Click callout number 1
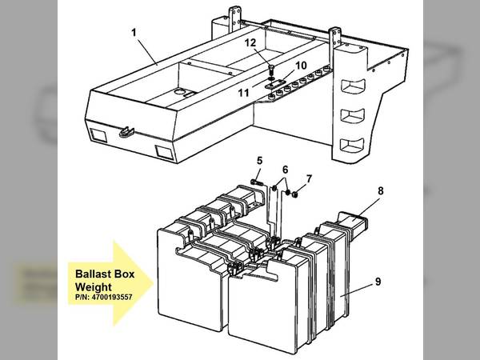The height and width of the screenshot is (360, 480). click(134, 33)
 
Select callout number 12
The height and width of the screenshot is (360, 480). click(250, 42)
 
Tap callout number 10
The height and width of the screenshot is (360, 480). click(301, 66)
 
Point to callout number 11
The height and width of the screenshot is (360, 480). click(244, 93)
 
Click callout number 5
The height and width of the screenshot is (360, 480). click(259, 161)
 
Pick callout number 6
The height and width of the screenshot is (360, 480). click(285, 170)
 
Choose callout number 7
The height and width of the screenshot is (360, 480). click(309, 178)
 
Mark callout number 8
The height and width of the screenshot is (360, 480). click(381, 191)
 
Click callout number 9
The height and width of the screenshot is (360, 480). click(378, 282)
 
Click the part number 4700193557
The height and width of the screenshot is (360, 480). click(112, 298)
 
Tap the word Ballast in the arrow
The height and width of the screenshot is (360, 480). click(90, 274)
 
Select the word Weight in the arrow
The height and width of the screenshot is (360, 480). click(94, 287)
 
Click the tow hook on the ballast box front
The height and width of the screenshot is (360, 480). click(126, 132)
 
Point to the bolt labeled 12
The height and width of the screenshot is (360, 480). click(271, 71)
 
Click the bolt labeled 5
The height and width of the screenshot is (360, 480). click(257, 182)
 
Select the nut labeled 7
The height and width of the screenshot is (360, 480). click(295, 194)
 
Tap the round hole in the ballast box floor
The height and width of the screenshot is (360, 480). click(179, 91)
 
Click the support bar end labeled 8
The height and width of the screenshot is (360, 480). click(353, 226)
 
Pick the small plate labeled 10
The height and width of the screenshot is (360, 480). click(275, 84)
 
